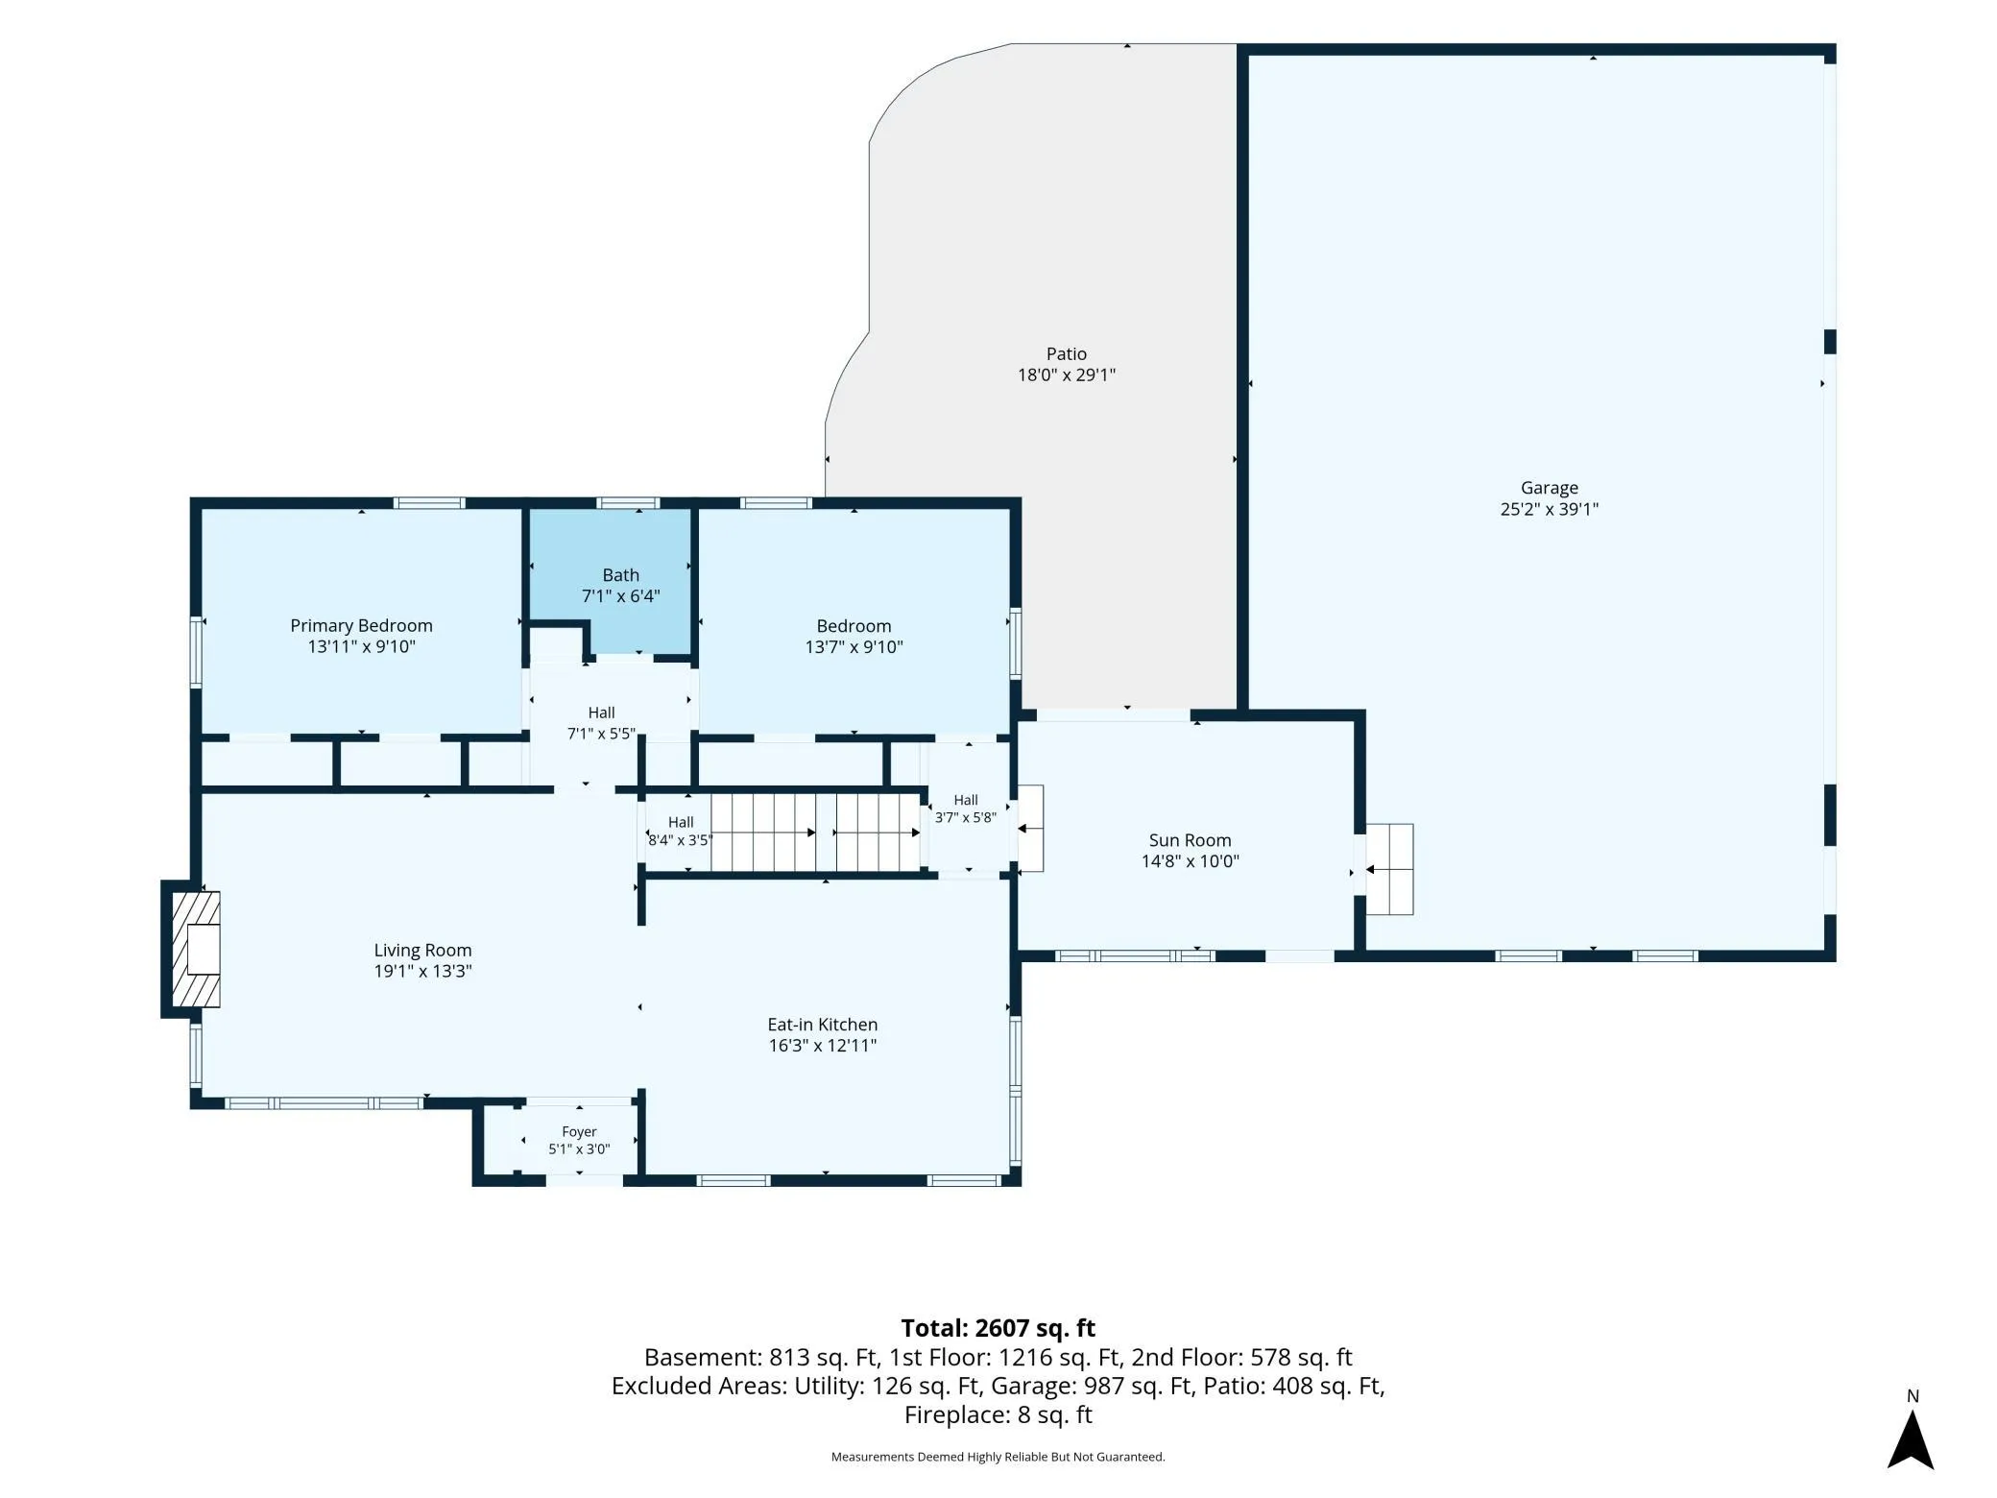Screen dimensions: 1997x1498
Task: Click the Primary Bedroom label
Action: tap(361, 625)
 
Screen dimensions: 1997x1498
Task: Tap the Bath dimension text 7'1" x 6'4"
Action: tap(620, 596)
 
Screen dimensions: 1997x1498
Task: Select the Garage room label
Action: tap(1549, 488)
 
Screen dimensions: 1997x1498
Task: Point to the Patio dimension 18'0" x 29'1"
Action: tap(1066, 374)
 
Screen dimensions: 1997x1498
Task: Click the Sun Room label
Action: tap(1190, 840)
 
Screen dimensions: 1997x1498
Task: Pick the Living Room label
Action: tap(422, 950)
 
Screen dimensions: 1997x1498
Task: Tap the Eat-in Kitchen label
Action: tap(822, 1025)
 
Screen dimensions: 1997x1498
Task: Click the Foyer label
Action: tap(579, 1132)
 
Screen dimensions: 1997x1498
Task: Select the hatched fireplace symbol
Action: tap(196, 949)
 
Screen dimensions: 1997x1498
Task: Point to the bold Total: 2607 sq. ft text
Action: tap(998, 1328)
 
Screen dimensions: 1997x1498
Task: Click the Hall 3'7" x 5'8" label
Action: tap(966, 809)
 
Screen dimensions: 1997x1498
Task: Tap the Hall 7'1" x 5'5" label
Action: tap(601, 723)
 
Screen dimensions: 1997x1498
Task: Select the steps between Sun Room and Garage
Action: tap(1389, 869)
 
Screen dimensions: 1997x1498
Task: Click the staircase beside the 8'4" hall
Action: tap(816, 832)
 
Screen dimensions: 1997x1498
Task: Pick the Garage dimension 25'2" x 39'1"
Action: tap(1549, 509)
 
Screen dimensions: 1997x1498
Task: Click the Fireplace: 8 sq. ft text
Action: tap(998, 1414)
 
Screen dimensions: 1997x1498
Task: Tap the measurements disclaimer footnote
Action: tap(998, 1457)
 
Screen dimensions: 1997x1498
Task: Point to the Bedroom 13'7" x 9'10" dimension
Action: tap(854, 647)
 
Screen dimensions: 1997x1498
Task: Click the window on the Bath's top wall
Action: tap(628, 502)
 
